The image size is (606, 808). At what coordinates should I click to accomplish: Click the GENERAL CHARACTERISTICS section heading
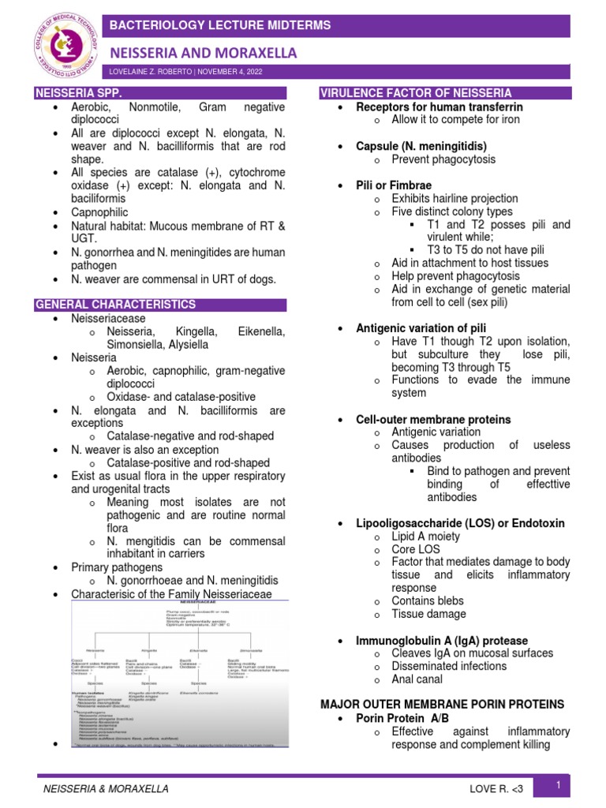[x=116, y=305]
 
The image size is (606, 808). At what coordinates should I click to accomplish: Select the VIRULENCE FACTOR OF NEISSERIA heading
[x=416, y=93]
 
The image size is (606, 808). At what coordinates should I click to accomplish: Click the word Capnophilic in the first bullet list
[x=99, y=212]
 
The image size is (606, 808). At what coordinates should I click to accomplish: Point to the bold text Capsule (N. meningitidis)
[x=421, y=147]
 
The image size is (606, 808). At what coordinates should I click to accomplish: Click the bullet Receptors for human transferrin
[x=440, y=107]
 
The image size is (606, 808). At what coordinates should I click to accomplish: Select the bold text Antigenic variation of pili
[x=421, y=328]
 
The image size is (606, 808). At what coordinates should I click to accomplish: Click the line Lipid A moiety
[x=425, y=537]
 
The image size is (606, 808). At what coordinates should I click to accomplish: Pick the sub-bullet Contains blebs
[x=428, y=601]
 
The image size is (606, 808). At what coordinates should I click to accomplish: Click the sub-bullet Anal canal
[x=417, y=679]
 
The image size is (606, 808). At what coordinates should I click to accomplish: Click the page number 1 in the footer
[x=558, y=785]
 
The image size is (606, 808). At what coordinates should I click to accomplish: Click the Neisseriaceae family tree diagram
[x=180, y=674]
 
